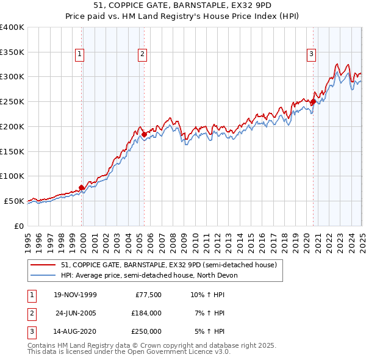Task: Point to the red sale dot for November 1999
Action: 82,187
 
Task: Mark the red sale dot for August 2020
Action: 313,102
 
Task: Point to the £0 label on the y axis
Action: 19,226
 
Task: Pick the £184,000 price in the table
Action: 146,313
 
